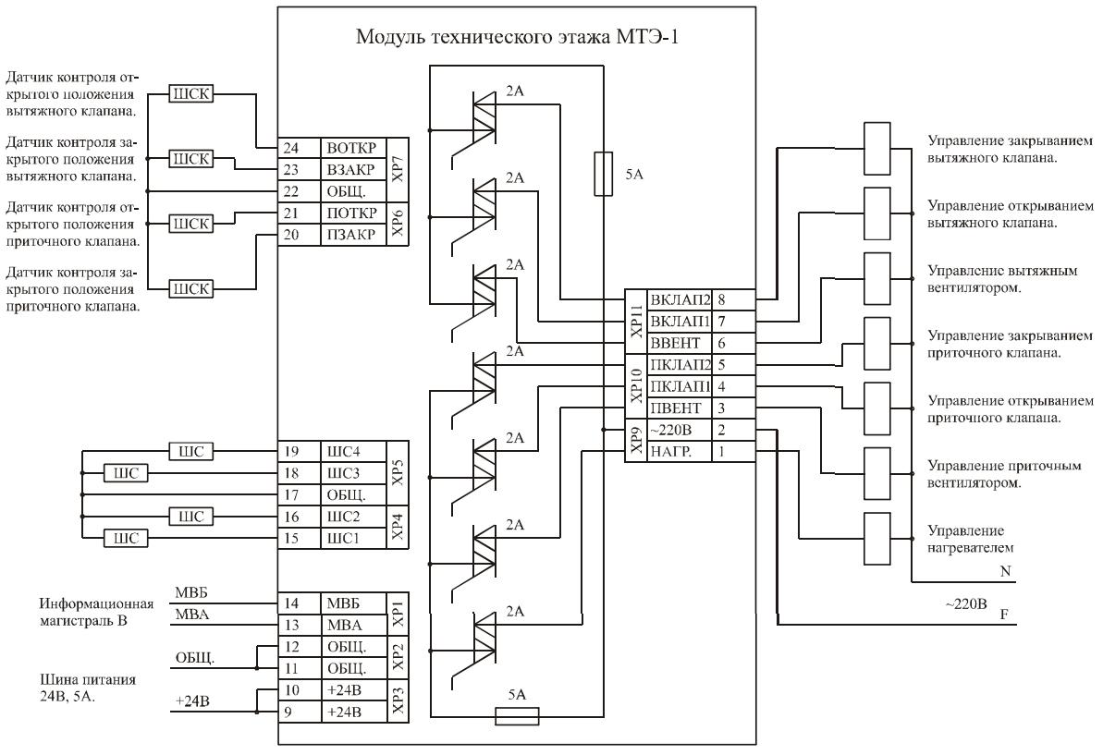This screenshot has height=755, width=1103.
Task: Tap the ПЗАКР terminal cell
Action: click(x=349, y=235)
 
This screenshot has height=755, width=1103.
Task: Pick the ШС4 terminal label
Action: click(x=342, y=451)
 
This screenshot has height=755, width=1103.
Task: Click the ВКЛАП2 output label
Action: click(x=680, y=300)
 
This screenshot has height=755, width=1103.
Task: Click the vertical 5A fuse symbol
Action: click(x=602, y=174)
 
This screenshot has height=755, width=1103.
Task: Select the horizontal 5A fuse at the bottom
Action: click(x=518, y=715)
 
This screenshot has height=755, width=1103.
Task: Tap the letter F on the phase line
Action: click(x=1004, y=615)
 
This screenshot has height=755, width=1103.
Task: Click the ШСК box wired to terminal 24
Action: click(x=189, y=95)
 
